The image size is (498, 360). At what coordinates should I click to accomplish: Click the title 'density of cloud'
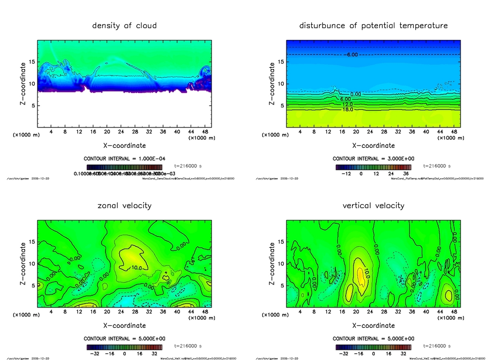coord(124,26)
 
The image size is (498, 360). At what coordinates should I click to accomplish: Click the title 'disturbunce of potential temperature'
coord(373,26)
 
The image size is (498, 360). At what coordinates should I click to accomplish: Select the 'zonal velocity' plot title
coord(124,206)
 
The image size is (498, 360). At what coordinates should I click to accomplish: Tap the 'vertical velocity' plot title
coord(373,206)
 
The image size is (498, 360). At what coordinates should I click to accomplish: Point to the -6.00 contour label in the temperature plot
coord(351,54)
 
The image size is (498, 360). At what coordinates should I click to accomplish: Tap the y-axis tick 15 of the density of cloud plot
coord(33,62)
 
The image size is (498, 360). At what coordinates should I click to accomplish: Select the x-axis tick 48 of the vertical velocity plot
coord(454,312)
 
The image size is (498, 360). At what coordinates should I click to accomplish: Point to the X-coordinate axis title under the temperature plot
coord(373,145)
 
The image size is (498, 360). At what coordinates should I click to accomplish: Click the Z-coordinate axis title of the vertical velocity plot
coord(271,263)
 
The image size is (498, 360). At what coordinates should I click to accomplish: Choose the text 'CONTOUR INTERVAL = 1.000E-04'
coord(124,159)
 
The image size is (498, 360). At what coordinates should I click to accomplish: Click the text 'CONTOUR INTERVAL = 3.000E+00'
coord(373,159)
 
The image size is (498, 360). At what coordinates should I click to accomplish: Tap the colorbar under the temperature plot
coord(373,167)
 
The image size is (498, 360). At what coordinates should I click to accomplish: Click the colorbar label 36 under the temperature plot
coord(406,173)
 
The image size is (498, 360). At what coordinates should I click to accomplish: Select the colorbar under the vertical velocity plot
coord(373,347)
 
